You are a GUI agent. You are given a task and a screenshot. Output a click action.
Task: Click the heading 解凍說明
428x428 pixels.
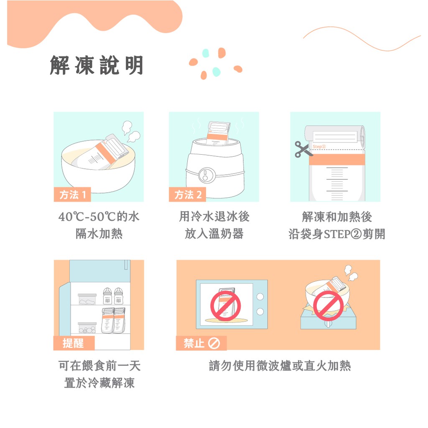[x=97, y=65]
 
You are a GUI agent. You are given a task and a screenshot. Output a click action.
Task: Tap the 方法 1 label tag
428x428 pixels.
[x=72, y=195]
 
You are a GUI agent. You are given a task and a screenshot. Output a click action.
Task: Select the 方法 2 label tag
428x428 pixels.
[x=188, y=195]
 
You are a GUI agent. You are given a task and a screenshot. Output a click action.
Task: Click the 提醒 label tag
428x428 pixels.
[x=74, y=343]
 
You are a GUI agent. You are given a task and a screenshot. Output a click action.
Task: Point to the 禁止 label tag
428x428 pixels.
[x=201, y=343]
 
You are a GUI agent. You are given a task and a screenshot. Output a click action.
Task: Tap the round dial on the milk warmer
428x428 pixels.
[x=206, y=175]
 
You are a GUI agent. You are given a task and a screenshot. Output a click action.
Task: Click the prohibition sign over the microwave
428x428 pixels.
[x=225, y=306]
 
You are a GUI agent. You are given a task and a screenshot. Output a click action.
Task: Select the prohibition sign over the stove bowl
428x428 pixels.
[x=328, y=306]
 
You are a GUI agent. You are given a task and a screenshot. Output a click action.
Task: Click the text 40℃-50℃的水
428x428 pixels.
[x=99, y=217]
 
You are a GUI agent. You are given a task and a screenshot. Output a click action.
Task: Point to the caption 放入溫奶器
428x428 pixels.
[x=214, y=234]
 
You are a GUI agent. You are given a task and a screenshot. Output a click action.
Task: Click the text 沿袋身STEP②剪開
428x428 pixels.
[x=336, y=234]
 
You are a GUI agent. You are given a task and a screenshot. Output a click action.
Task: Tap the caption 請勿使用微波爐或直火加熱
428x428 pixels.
[x=280, y=366]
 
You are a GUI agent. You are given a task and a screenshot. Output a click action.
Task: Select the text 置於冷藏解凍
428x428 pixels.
[x=99, y=383]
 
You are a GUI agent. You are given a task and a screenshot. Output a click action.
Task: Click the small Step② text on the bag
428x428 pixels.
[x=319, y=147]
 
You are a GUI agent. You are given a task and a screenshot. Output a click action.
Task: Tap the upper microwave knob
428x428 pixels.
[x=260, y=296]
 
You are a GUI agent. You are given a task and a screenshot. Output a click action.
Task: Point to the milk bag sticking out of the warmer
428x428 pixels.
[x=218, y=133]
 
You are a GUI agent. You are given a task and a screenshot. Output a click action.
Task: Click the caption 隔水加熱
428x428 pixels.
[x=99, y=234]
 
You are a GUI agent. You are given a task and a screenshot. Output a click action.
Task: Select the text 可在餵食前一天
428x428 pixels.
[x=99, y=366]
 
